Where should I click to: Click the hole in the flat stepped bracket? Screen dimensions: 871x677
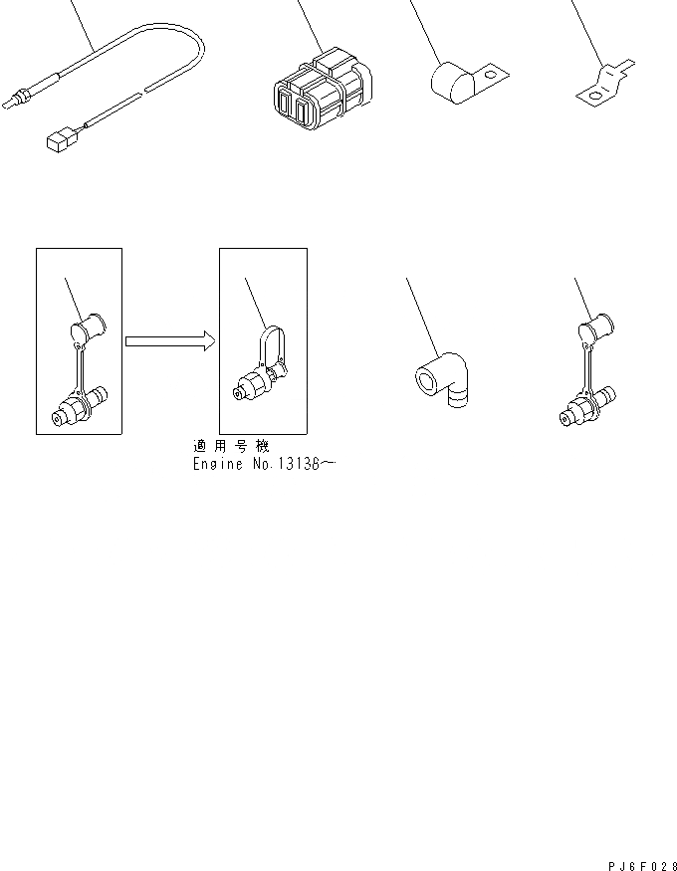[595, 96]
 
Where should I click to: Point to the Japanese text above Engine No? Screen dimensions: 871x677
[231, 447]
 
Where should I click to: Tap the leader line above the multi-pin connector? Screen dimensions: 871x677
[309, 25]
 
